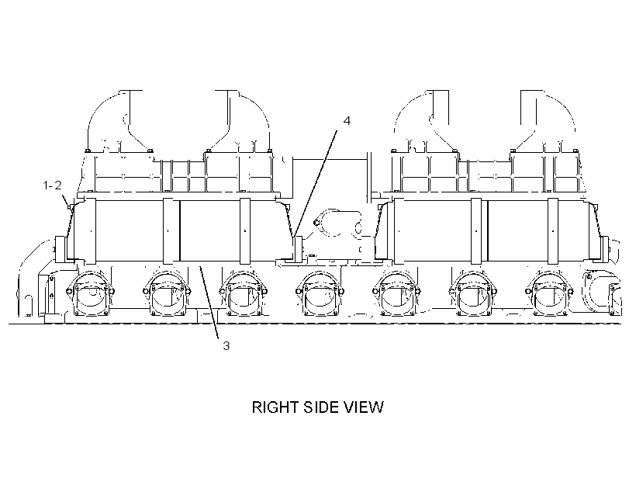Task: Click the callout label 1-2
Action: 52,185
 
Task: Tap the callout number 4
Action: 347,120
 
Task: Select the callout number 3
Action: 226,346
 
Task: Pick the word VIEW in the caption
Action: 364,407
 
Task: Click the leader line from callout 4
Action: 315,183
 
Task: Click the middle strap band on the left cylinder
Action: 169,231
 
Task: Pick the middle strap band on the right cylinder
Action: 476,231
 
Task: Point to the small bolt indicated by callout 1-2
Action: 71,207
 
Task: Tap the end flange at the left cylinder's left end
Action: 60,248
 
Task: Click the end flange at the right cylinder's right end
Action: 606,248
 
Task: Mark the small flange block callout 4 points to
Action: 299,248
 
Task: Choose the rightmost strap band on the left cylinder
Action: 245,231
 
